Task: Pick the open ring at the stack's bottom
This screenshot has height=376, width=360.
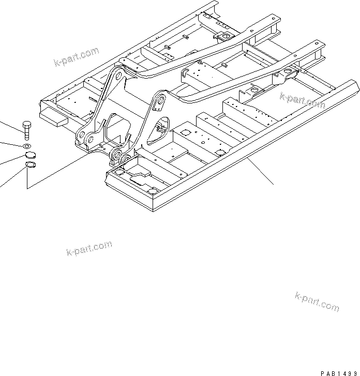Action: click(x=30, y=166)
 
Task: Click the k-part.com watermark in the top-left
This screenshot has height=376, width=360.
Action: click(x=76, y=56)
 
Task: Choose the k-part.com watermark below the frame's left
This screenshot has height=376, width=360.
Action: click(x=89, y=249)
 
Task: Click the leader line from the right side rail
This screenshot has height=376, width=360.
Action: click(x=259, y=171)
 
